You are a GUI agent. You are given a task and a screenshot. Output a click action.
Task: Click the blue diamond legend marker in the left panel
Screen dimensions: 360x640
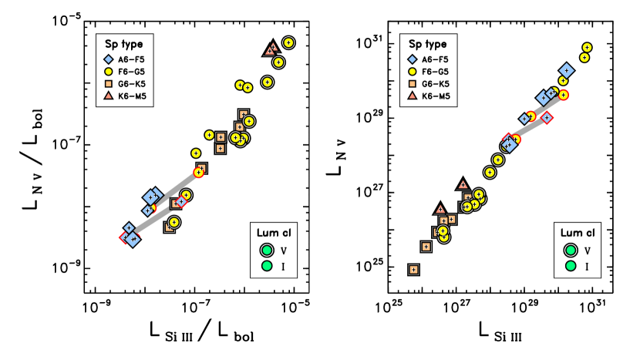click(x=109, y=59)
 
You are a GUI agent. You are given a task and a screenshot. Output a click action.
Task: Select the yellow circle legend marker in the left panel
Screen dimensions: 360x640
click(x=109, y=72)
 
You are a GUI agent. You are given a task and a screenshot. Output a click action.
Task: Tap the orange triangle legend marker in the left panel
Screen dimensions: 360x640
click(x=109, y=96)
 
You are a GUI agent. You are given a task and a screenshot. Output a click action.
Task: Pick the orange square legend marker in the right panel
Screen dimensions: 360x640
click(x=413, y=83)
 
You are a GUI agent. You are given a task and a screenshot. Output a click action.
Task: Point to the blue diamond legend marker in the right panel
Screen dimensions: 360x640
click(x=413, y=59)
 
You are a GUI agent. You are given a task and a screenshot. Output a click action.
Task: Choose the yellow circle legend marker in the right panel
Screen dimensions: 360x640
click(x=413, y=72)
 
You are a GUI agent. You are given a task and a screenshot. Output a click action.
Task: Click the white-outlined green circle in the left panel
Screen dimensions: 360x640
click(x=267, y=250)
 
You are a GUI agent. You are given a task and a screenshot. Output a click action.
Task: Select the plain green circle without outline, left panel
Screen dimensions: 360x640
click(x=267, y=266)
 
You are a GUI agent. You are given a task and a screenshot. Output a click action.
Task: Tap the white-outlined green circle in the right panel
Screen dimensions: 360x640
click(x=571, y=250)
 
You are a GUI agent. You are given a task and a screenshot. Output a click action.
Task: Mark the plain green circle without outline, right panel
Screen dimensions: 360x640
click(x=571, y=266)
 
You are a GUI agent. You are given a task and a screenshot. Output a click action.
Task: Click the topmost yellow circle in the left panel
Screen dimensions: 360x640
click(x=288, y=42)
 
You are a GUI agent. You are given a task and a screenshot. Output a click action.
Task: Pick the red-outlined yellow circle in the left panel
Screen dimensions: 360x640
click(x=198, y=173)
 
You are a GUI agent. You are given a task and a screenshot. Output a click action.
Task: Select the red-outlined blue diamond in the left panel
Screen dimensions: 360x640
click(x=181, y=202)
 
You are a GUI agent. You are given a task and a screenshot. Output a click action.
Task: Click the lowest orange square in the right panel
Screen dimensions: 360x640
click(x=413, y=270)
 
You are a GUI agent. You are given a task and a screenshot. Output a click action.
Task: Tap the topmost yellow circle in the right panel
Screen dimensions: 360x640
click(x=587, y=48)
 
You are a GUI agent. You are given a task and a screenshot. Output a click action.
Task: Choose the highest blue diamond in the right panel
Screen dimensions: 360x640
click(x=566, y=70)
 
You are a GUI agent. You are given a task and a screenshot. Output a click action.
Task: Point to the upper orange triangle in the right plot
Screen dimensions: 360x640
click(x=463, y=185)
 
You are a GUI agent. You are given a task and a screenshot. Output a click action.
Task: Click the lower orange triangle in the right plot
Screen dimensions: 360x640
click(x=440, y=210)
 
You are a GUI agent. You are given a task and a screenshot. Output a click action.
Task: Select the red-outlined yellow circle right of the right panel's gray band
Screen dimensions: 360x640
click(x=564, y=95)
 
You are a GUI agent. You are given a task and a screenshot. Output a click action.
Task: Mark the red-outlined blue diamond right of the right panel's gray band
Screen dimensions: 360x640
click(x=547, y=118)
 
